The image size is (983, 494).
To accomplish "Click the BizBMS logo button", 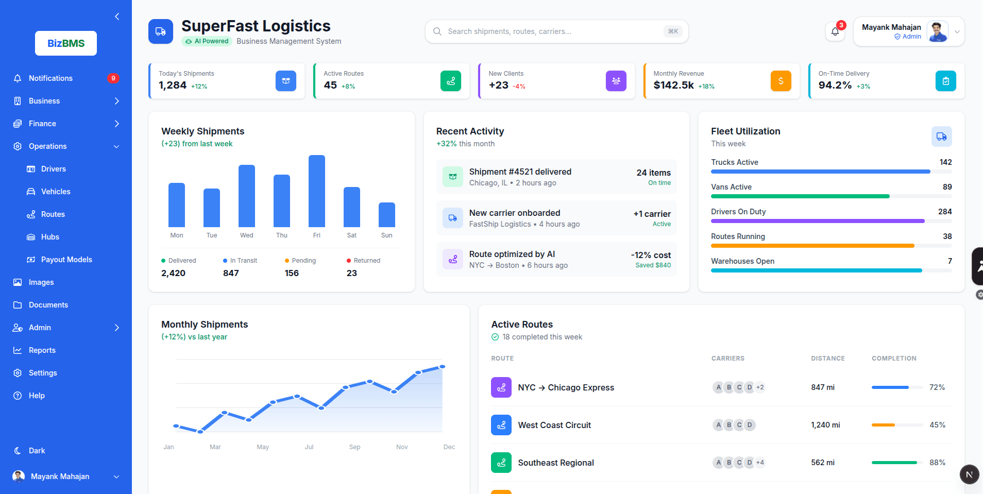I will (x=66, y=43).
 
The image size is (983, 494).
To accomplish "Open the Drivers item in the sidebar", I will (x=53, y=169).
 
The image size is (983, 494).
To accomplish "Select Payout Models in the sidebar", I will (x=66, y=260).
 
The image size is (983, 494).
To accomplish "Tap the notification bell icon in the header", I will (x=835, y=32).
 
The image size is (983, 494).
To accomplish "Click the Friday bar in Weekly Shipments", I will (x=317, y=191).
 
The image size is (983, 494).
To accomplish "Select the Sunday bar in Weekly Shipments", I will (x=387, y=215).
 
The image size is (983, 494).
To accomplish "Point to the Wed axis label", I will (x=247, y=235).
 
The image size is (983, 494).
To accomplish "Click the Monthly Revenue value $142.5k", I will (x=673, y=86).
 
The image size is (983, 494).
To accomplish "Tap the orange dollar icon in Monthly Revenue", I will (x=781, y=81).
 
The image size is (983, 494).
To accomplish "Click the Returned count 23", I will (x=352, y=273).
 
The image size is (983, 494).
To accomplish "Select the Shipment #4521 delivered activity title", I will (x=520, y=172).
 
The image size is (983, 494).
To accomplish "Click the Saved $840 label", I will (x=653, y=265).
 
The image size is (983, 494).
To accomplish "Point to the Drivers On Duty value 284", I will (x=945, y=212).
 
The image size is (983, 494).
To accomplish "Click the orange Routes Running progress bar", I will (x=812, y=246).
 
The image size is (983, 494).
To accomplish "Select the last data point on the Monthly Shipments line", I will (x=442, y=367).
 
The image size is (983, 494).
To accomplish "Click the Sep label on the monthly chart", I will (x=354, y=447).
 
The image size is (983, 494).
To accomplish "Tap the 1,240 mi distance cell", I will (x=825, y=425).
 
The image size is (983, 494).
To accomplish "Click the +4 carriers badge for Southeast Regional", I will (x=760, y=463).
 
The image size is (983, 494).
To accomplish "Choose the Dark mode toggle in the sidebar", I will (x=36, y=451).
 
